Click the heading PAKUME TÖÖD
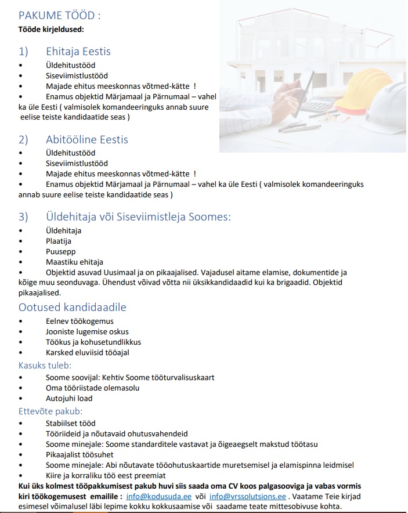point(55,15)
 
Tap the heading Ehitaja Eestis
point(78,51)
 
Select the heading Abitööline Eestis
point(87,139)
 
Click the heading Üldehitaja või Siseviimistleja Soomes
point(138,216)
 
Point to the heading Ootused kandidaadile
point(73,307)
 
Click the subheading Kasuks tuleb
point(45,365)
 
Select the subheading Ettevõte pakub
point(50,411)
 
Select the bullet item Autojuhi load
point(69,399)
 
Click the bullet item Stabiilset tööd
point(71,423)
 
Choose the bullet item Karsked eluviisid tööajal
point(87,352)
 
